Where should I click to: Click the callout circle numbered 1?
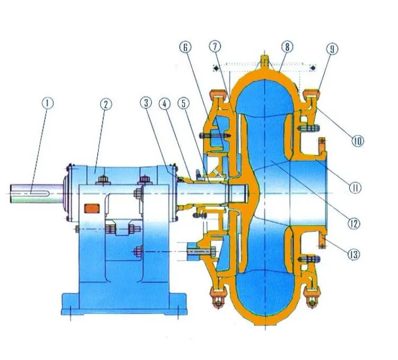point(48,103)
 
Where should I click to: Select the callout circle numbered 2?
point(105,104)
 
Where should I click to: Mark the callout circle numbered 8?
point(287,47)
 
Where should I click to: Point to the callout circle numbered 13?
point(353,255)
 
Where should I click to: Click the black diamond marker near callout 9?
point(314,68)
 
